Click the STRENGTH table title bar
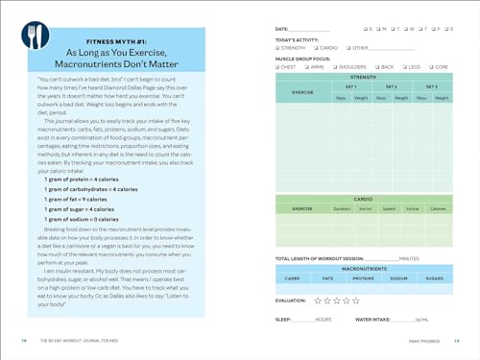pyautogui.click(x=363, y=77)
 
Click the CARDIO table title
pyautogui.click(x=363, y=199)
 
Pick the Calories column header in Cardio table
pyautogui.click(x=437, y=208)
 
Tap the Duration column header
pyautogui.click(x=342, y=208)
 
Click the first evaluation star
pyautogui.click(x=318, y=300)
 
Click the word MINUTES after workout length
pyautogui.click(x=409, y=258)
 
